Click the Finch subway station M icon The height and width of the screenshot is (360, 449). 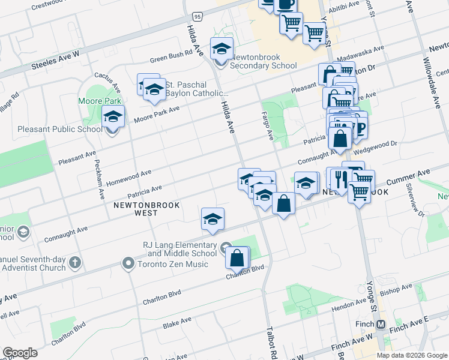(x=381, y=325)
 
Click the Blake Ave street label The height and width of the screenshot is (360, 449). (x=177, y=323)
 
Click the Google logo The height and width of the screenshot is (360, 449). (x=20, y=353)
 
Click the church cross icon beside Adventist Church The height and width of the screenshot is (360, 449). (x=75, y=263)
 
